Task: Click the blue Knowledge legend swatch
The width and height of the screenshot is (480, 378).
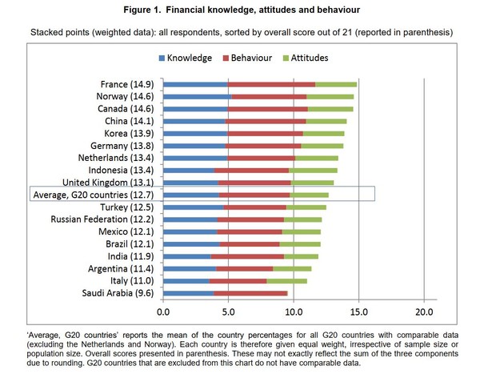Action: pyautogui.click(x=162, y=58)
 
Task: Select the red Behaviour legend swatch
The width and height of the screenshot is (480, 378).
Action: pyautogui.click(x=226, y=58)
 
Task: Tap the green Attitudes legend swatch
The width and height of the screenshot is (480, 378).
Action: pyautogui.click(x=286, y=58)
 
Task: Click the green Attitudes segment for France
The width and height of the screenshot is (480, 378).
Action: pyautogui.click(x=336, y=84)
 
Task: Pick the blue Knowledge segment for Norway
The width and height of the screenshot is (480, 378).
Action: pyautogui.click(x=198, y=97)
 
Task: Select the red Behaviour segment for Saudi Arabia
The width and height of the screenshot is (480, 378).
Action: pyautogui.click(x=250, y=293)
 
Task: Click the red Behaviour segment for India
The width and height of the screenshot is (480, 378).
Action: pyautogui.click(x=247, y=256)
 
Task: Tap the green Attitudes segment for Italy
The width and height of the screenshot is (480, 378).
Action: pyautogui.click(x=287, y=281)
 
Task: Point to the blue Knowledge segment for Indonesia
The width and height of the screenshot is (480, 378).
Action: pyautogui.click(x=189, y=171)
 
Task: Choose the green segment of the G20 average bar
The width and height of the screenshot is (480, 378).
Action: pyautogui.click(x=309, y=195)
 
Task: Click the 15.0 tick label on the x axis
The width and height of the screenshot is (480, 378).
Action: pyautogui.click(x=358, y=312)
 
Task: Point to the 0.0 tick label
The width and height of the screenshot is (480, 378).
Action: pyautogui.click(x=163, y=312)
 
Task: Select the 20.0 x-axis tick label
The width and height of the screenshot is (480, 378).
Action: pyautogui.click(x=424, y=312)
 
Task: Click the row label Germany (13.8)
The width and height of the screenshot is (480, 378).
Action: pyautogui.click(x=122, y=146)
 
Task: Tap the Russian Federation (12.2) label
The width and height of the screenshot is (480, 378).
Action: pyautogui.click(x=102, y=219)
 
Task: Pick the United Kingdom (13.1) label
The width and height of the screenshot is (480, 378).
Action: pyautogui.click(x=108, y=183)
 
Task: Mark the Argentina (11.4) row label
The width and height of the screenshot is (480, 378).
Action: pyautogui.click(x=121, y=269)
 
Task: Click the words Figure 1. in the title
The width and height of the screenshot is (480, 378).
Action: pyautogui.click(x=142, y=10)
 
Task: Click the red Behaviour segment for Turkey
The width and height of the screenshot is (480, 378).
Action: pyautogui.click(x=254, y=207)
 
